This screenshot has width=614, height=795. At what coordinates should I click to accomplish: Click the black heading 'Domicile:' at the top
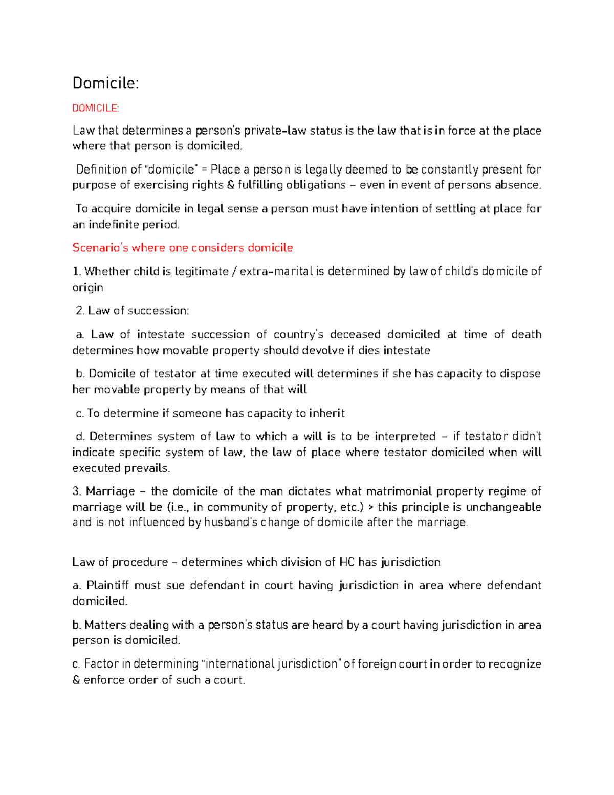point(105,83)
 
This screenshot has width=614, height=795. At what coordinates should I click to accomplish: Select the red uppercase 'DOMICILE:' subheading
point(95,108)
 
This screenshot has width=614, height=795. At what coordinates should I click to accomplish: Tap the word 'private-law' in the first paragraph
point(275,131)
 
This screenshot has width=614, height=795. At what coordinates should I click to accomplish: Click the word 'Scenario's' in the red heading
point(100,248)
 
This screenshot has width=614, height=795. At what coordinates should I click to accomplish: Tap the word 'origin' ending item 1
point(87,288)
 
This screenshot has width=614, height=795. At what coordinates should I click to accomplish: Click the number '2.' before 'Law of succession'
point(80,311)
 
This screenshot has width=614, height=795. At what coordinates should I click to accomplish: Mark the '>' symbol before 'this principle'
point(370,508)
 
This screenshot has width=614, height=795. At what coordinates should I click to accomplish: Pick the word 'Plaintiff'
point(108,586)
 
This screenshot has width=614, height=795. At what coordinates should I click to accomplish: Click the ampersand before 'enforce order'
point(76,680)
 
